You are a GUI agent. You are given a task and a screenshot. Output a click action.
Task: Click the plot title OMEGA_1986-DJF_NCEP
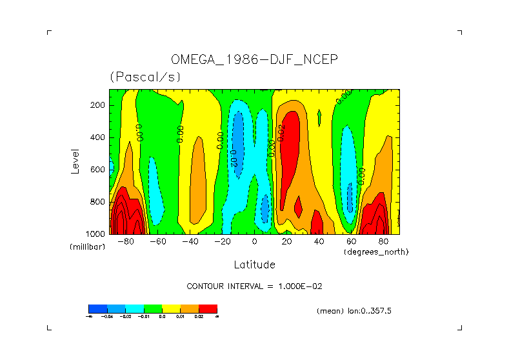pos(254,59)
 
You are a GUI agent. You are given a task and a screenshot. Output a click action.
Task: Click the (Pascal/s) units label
pos(145,77)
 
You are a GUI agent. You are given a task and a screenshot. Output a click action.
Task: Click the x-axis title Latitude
pos(254,265)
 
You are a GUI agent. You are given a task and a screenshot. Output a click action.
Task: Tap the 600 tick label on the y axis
pos(98,170)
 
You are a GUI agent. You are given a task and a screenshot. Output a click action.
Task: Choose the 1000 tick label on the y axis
pos(96,234)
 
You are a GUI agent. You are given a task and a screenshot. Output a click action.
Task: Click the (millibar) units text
pos(87,247)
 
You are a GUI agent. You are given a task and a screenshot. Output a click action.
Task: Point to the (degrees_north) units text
pos(376,252)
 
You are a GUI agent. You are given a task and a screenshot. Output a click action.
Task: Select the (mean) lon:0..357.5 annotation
pos(354,311)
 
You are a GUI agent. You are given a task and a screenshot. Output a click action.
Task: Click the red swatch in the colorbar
pos(208,308)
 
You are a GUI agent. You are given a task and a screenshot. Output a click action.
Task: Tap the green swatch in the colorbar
pos(153,308)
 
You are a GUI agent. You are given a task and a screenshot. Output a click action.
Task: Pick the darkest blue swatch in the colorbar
pos(97,308)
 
